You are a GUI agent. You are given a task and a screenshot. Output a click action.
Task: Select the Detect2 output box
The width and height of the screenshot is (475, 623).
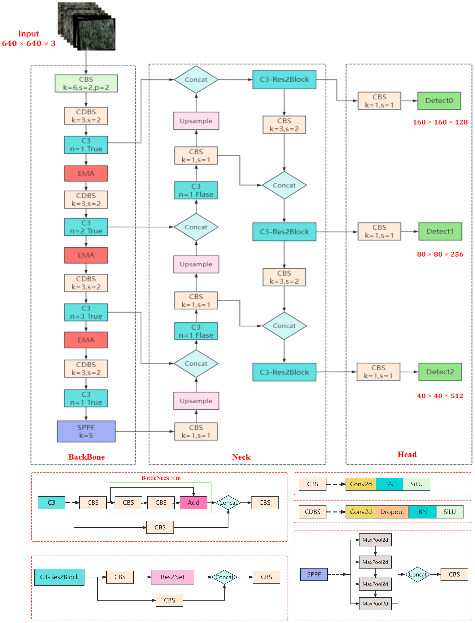pos(440,372)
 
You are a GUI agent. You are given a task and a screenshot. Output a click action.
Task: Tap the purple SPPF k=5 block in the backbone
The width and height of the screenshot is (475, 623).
pos(86,431)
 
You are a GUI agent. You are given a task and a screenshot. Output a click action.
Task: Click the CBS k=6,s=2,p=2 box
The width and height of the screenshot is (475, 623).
pos(86,83)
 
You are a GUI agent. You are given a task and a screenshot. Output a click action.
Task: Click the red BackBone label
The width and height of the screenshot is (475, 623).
pos(87,457)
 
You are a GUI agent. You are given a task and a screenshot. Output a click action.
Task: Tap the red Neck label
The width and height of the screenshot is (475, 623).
pos(241,457)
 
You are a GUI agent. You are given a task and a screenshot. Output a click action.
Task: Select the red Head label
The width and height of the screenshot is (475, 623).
pos(407,454)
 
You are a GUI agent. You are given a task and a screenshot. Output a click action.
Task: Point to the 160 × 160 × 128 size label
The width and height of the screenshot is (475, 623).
pos(440,122)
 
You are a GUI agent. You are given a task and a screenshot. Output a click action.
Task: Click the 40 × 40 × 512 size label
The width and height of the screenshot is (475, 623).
pos(440,396)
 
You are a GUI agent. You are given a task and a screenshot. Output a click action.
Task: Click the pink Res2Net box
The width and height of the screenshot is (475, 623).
pos(172,577)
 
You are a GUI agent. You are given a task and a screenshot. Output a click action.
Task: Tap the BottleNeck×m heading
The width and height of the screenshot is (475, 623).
pos(161,478)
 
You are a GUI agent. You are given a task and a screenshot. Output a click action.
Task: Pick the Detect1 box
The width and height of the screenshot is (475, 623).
pos(440,231)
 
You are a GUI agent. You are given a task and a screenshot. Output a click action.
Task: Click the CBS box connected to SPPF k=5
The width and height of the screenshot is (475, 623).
pos(196,431)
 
